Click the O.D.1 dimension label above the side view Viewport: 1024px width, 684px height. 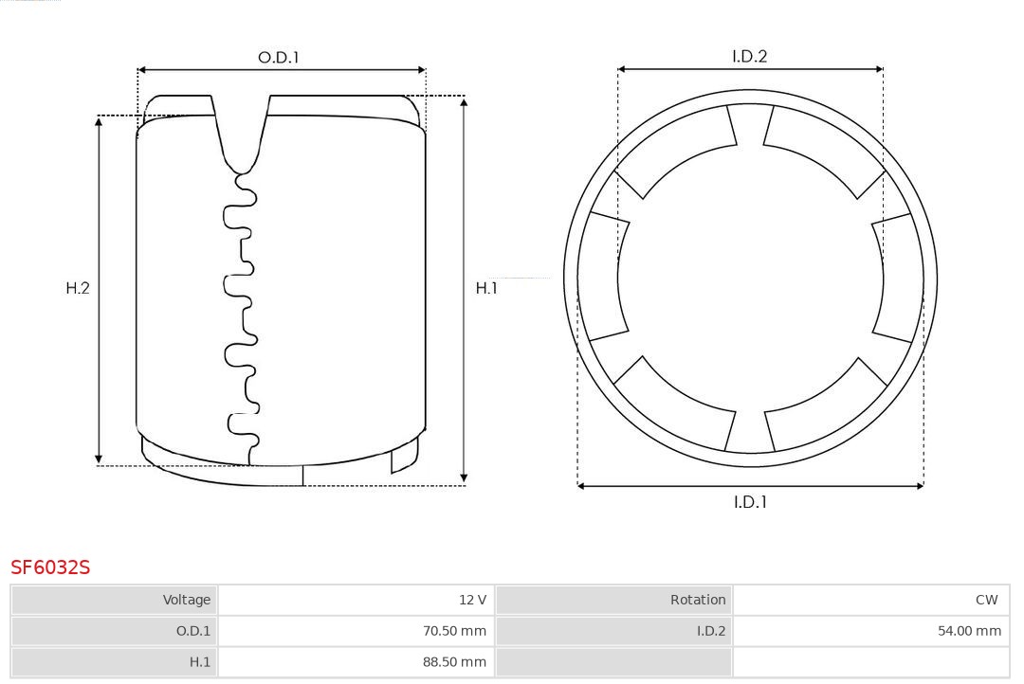pos(278,58)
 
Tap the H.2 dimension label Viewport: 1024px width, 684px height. pos(78,288)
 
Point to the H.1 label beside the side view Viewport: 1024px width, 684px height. pos(486,288)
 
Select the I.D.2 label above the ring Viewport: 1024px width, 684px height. pos(750,56)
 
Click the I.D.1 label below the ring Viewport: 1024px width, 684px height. pos(750,502)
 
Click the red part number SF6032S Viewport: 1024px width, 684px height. pos(50,567)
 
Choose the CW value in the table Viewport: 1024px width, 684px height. pos(987,600)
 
